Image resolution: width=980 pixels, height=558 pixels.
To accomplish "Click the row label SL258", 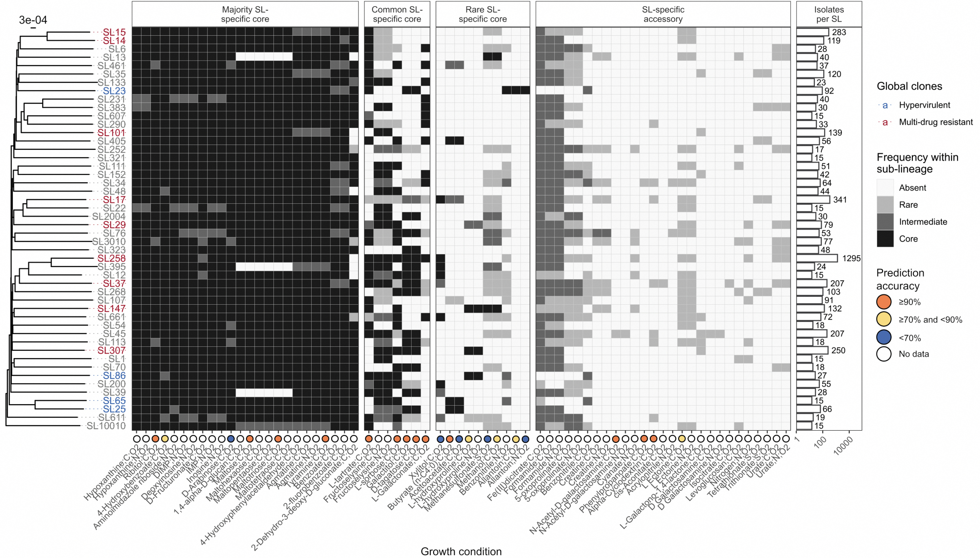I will click(x=111, y=258).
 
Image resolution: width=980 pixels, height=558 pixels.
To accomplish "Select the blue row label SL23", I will click(x=114, y=91).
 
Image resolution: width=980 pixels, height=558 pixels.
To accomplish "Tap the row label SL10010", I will click(x=106, y=426).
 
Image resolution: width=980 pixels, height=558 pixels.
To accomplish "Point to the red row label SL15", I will click(x=114, y=32).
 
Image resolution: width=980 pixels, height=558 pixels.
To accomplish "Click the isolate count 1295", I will click(x=851, y=258).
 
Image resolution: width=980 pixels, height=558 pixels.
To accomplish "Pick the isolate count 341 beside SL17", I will click(x=840, y=200).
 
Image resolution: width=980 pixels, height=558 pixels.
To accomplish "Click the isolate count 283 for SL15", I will click(x=839, y=32).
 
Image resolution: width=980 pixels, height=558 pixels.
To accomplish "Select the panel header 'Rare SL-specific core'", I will click(x=483, y=14).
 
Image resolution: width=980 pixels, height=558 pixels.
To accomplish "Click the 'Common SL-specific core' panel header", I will click(x=397, y=14).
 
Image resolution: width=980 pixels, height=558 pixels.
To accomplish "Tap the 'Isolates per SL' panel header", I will click(x=829, y=14).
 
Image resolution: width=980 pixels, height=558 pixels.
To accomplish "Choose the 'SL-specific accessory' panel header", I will click(x=663, y=14).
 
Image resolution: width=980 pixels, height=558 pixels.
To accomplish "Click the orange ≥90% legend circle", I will click(x=884, y=302).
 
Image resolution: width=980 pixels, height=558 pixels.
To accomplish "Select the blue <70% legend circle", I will click(x=884, y=338).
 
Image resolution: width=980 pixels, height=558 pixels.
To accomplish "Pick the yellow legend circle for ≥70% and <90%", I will click(x=884, y=319).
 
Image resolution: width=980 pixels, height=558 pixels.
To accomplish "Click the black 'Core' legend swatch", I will click(x=885, y=239).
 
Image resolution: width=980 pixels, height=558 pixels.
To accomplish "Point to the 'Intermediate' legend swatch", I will click(x=885, y=221).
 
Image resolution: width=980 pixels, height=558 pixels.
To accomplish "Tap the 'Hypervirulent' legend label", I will click(x=924, y=105).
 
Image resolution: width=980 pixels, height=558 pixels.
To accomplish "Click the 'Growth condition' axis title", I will click(x=461, y=551).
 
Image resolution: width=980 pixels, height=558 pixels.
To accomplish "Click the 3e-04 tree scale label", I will click(x=33, y=20).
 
